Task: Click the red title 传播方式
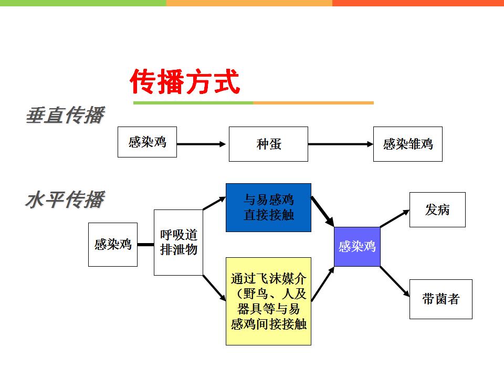(x=185, y=82)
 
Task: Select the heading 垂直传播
(x=65, y=115)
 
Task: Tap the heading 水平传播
(x=65, y=199)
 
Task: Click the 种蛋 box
(x=268, y=144)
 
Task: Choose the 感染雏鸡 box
(x=407, y=144)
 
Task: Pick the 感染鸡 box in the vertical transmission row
(x=147, y=142)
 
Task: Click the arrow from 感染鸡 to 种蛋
(x=201, y=144)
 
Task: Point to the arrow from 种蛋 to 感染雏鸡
(x=340, y=144)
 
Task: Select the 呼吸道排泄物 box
(x=178, y=243)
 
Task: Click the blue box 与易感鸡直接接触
(x=268, y=208)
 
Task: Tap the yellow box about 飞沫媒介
(x=268, y=301)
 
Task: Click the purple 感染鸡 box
(x=357, y=247)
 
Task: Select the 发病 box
(x=437, y=209)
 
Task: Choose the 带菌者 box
(x=440, y=299)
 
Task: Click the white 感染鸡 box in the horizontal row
(x=113, y=245)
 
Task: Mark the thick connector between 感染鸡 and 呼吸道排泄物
(x=145, y=245)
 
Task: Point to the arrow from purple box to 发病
(x=395, y=218)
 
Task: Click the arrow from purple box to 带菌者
(x=395, y=281)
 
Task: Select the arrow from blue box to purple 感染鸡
(x=323, y=212)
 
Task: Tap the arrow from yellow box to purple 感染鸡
(x=323, y=284)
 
